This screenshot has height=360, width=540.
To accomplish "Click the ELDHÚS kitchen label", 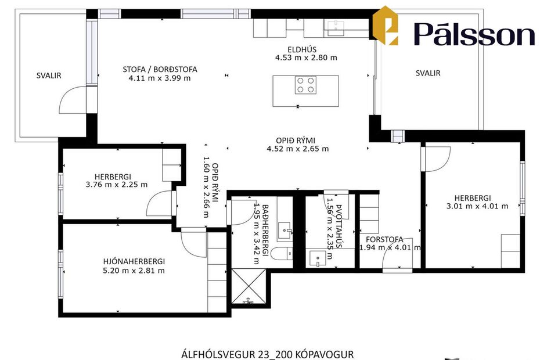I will [306, 49].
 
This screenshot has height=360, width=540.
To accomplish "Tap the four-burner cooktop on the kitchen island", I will [305, 85].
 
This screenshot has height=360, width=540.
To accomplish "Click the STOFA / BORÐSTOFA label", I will [160, 69].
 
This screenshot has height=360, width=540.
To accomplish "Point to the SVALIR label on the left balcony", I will [49, 75].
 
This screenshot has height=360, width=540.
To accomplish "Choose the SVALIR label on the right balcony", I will [428, 73].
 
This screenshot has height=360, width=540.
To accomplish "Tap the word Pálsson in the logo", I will [474, 34].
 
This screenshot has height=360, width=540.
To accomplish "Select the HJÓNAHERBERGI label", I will [134, 261].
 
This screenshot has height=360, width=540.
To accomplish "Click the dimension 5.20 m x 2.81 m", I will [134, 270].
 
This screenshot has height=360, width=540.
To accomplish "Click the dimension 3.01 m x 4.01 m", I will [477, 206].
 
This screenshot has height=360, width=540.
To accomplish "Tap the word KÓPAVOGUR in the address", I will [325, 354].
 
